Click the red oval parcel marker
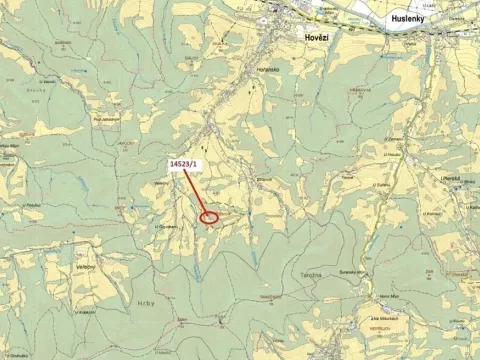pos(210,216)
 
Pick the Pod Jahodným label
pos(106,119)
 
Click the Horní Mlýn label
pos(390,297)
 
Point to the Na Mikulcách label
pos(384,320)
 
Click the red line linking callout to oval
pos(198,193)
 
